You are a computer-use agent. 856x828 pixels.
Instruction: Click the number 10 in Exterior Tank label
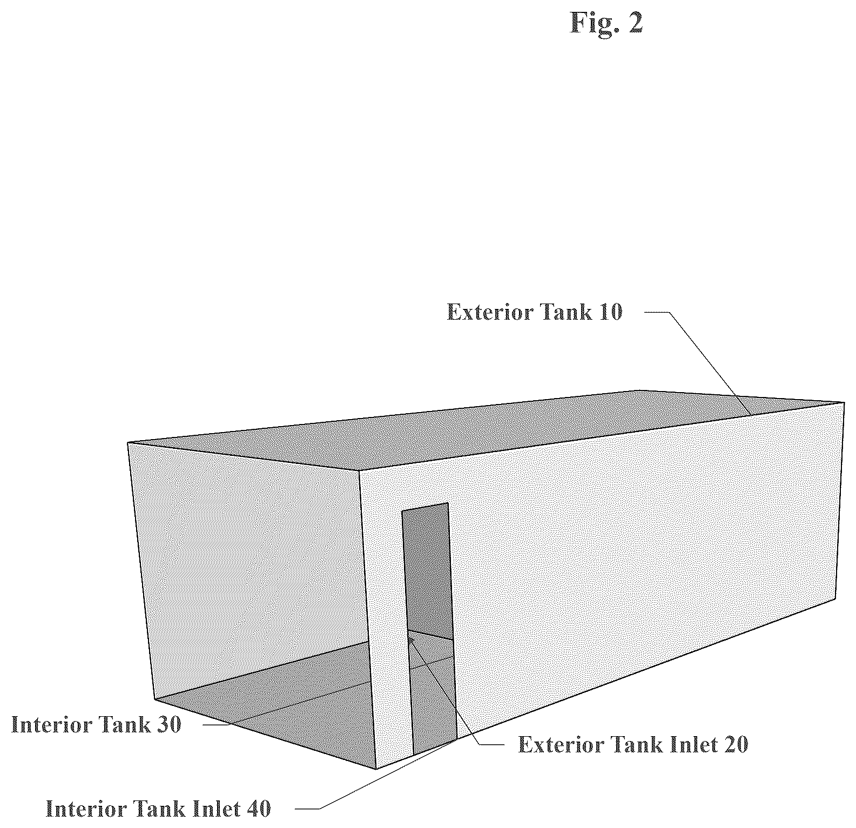609,312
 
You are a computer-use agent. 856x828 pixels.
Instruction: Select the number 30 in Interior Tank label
168,724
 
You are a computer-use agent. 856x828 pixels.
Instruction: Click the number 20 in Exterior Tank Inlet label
735,745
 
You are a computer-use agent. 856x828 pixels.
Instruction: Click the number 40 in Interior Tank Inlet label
258,809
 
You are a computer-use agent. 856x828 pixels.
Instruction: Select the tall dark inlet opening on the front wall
429,629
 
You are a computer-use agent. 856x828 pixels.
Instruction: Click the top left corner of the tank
128,443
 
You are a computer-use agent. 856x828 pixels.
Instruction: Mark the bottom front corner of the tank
376,769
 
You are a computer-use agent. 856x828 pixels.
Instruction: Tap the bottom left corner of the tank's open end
155,700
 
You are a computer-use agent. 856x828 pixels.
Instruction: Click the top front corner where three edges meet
360,470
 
